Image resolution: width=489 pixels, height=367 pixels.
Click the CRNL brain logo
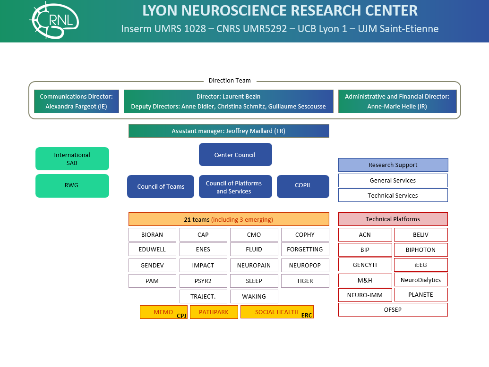(53, 20)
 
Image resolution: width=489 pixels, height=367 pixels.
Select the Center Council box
(235, 155)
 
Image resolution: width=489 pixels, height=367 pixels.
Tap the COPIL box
(303, 186)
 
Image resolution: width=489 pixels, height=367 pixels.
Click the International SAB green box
(72, 158)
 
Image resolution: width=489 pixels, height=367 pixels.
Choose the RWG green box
(72, 185)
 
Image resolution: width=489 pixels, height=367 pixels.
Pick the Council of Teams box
(161, 186)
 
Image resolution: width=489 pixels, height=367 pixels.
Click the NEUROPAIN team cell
(254, 265)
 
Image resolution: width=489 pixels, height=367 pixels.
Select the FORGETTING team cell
(305, 249)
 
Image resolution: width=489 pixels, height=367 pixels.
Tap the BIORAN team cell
(152, 234)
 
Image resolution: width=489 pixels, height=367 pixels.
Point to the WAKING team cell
(254, 296)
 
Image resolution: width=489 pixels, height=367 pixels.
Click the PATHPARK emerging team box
(214, 312)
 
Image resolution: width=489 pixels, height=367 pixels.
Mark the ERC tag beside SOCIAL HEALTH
(307, 316)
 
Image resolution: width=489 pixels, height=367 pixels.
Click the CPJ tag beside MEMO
(181, 316)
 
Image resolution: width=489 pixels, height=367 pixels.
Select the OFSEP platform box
(393, 309)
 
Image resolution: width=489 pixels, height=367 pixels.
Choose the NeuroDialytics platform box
(420, 280)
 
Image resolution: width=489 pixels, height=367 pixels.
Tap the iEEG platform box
(420, 265)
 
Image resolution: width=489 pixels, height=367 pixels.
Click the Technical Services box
(393, 195)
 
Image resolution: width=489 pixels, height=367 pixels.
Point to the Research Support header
(393, 165)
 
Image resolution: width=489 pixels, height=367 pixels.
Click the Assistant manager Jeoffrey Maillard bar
(229, 131)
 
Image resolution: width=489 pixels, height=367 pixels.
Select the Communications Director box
(77, 101)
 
